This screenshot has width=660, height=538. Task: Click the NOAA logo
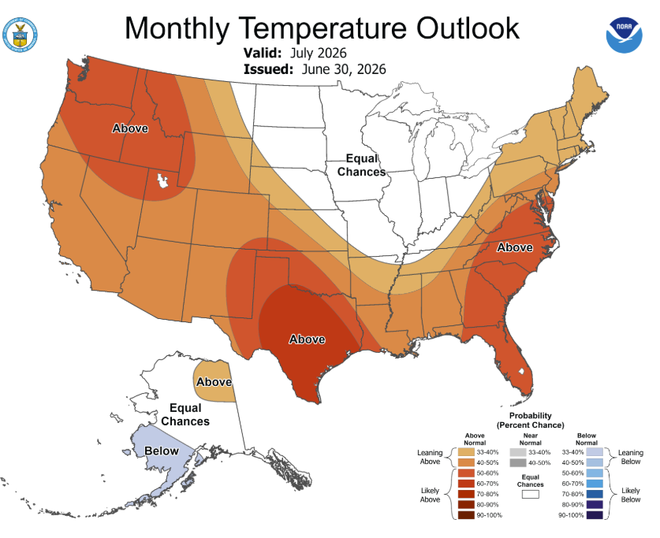pos(625,35)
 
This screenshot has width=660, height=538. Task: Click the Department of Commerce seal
pos(20,35)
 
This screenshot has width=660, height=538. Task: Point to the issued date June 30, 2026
pos(344,69)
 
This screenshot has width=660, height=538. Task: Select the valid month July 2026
pos(319,53)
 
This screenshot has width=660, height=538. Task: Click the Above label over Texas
pos(307,339)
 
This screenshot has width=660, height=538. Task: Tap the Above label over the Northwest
pos(130,128)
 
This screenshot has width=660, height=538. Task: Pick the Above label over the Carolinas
pos(515,247)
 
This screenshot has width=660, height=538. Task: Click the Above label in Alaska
pos(214,382)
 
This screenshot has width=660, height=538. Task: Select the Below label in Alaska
pos(162,451)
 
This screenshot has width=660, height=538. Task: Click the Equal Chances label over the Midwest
pos(362,165)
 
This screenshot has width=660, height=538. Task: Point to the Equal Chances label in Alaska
pos(185,414)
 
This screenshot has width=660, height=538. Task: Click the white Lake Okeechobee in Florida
pos(521,371)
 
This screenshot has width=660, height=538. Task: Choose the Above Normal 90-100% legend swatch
pos(466,515)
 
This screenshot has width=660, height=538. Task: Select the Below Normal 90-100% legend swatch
pos(595,515)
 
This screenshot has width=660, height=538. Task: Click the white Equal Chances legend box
pos(531,494)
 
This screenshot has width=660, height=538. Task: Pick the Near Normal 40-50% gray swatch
pos(518,462)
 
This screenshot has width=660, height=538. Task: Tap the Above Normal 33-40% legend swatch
pos(466,452)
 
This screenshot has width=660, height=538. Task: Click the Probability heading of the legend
pos(531,415)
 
